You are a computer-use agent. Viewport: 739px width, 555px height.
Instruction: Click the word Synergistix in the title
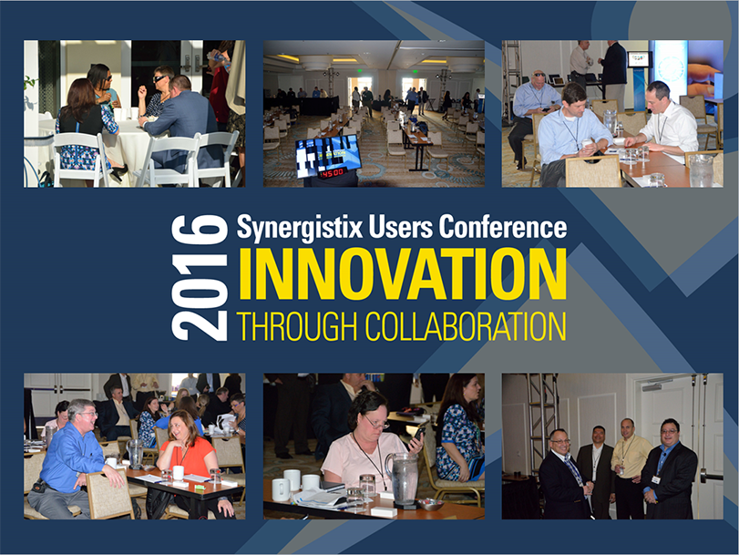click(x=300, y=228)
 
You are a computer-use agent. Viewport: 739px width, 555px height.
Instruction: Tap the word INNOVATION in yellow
click(x=403, y=274)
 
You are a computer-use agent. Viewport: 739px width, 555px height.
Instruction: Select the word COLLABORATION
click(x=466, y=326)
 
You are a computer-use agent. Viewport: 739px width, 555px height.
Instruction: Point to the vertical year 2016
click(x=200, y=277)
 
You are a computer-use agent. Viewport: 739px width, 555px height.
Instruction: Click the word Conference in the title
click(x=503, y=226)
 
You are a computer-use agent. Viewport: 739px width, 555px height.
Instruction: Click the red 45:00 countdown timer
click(x=332, y=172)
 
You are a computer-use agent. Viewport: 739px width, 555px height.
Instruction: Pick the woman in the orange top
click(x=190, y=459)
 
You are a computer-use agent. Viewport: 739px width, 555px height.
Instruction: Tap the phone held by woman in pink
click(x=417, y=437)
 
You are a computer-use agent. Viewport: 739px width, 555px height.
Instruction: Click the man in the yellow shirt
click(x=627, y=467)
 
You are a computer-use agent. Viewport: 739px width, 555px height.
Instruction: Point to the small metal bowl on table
click(x=431, y=505)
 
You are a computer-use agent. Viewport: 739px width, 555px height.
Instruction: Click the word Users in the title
click(x=401, y=226)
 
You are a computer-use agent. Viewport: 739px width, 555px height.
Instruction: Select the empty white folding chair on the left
click(x=80, y=159)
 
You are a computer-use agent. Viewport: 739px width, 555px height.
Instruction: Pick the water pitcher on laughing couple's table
click(x=135, y=453)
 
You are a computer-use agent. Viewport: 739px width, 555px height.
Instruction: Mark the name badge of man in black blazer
click(x=655, y=479)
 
